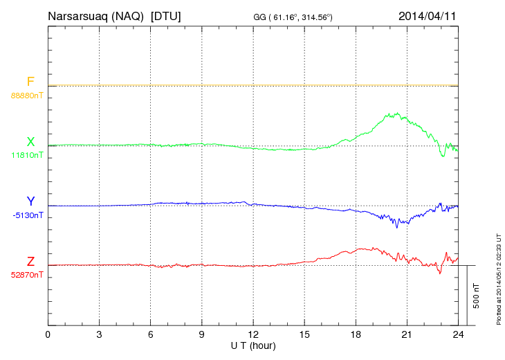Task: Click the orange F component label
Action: pyautogui.click(x=30, y=82)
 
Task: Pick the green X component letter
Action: pyautogui.click(x=30, y=143)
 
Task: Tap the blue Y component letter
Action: pyautogui.click(x=30, y=202)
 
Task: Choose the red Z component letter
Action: pyautogui.click(x=30, y=262)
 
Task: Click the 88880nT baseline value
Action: pyautogui.click(x=27, y=96)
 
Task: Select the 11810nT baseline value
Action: pyautogui.click(x=27, y=156)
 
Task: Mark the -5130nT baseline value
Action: pyautogui.click(x=27, y=215)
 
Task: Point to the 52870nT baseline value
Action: pyautogui.click(x=27, y=275)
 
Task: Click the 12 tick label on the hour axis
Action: pyautogui.click(x=253, y=334)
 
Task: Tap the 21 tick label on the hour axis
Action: pyautogui.click(x=407, y=334)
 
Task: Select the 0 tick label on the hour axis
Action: pyautogui.click(x=48, y=334)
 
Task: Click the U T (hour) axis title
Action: pyautogui.click(x=253, y=345)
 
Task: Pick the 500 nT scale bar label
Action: pyautogui.click(x=477, y=295)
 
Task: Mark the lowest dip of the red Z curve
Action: pyautogui.click(x=439, y=273)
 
